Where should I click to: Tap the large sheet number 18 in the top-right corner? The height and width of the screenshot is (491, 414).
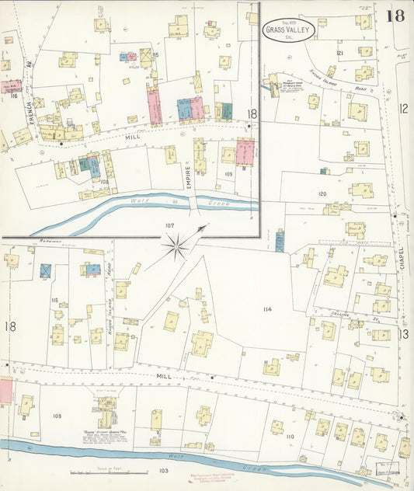[397, 16]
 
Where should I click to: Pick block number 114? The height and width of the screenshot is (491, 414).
[267, 309]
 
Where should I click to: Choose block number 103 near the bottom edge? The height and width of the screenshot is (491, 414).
[164, 471]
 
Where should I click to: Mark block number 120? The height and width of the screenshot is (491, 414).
[322, 193]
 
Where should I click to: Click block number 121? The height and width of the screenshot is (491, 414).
[339, 52]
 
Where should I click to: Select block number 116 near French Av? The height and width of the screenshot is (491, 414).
[13, 95]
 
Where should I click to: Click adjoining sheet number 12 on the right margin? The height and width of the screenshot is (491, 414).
[403, 110]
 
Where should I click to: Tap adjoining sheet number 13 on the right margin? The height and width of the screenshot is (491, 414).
[403, 334]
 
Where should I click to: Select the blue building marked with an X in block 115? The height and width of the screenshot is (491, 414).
[45, 270]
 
